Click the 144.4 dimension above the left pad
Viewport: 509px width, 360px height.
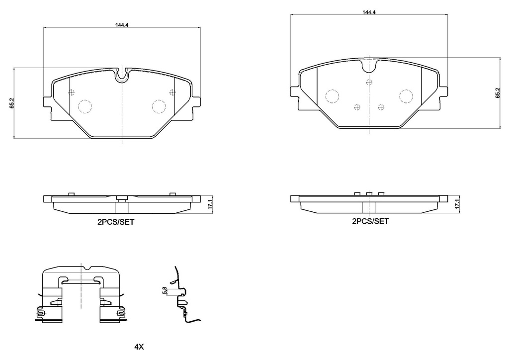tap(122, 25)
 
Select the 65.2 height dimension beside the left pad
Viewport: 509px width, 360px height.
tap(11, 103)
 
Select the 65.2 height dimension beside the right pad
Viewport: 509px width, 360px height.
tap(497, 94)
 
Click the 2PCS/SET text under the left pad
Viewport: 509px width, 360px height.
tap(116, 223)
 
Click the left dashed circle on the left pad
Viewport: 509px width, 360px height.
tap(85, 106)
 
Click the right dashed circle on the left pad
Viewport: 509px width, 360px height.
tap(159, 106)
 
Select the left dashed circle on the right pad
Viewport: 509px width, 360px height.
tap(332, 96)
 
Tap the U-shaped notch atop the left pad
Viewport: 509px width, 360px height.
tap(122, 76)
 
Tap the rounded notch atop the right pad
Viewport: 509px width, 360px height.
tap(369, 65)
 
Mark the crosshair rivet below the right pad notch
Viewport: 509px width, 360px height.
tap(369, 82)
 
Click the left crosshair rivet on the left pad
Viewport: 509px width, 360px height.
tap(71, 92)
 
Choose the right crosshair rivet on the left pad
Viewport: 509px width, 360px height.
tap(172, 92)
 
